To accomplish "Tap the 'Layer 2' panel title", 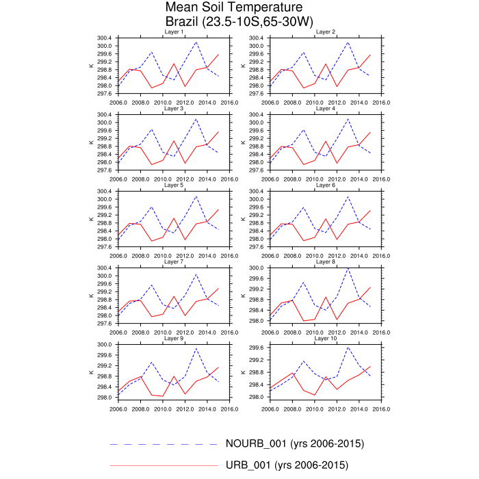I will [x=326, y=32].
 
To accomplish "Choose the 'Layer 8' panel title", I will [x=326, y=262].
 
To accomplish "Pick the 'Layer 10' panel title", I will [x=326, y=339].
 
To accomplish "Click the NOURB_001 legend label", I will [x=294, y=443].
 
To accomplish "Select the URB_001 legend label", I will [x=287, y=465].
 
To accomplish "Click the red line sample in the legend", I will [x=164, y=465].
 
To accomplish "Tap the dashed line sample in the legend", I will [x=164, y=444].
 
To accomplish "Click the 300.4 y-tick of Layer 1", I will [x=106, y=38].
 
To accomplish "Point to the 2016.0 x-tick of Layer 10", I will [x=381, y=409].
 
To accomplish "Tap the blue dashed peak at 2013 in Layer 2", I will [x=348, y=42].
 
